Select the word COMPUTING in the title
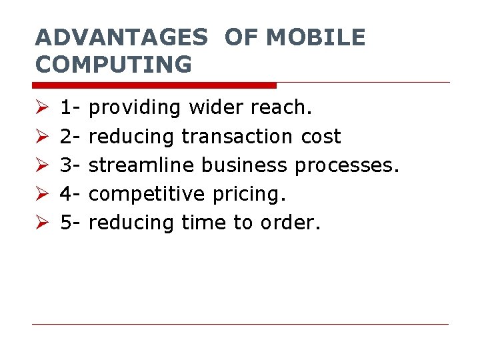coord(113,65)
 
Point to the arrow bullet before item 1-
coord(40,108)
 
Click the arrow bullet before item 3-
coord(40,165)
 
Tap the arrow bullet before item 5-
coord(40,223)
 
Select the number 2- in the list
coord(70,137)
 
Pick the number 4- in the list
coord(70,194)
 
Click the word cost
coord(320,137)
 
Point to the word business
coord(244,165)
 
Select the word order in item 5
coord(295,223)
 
